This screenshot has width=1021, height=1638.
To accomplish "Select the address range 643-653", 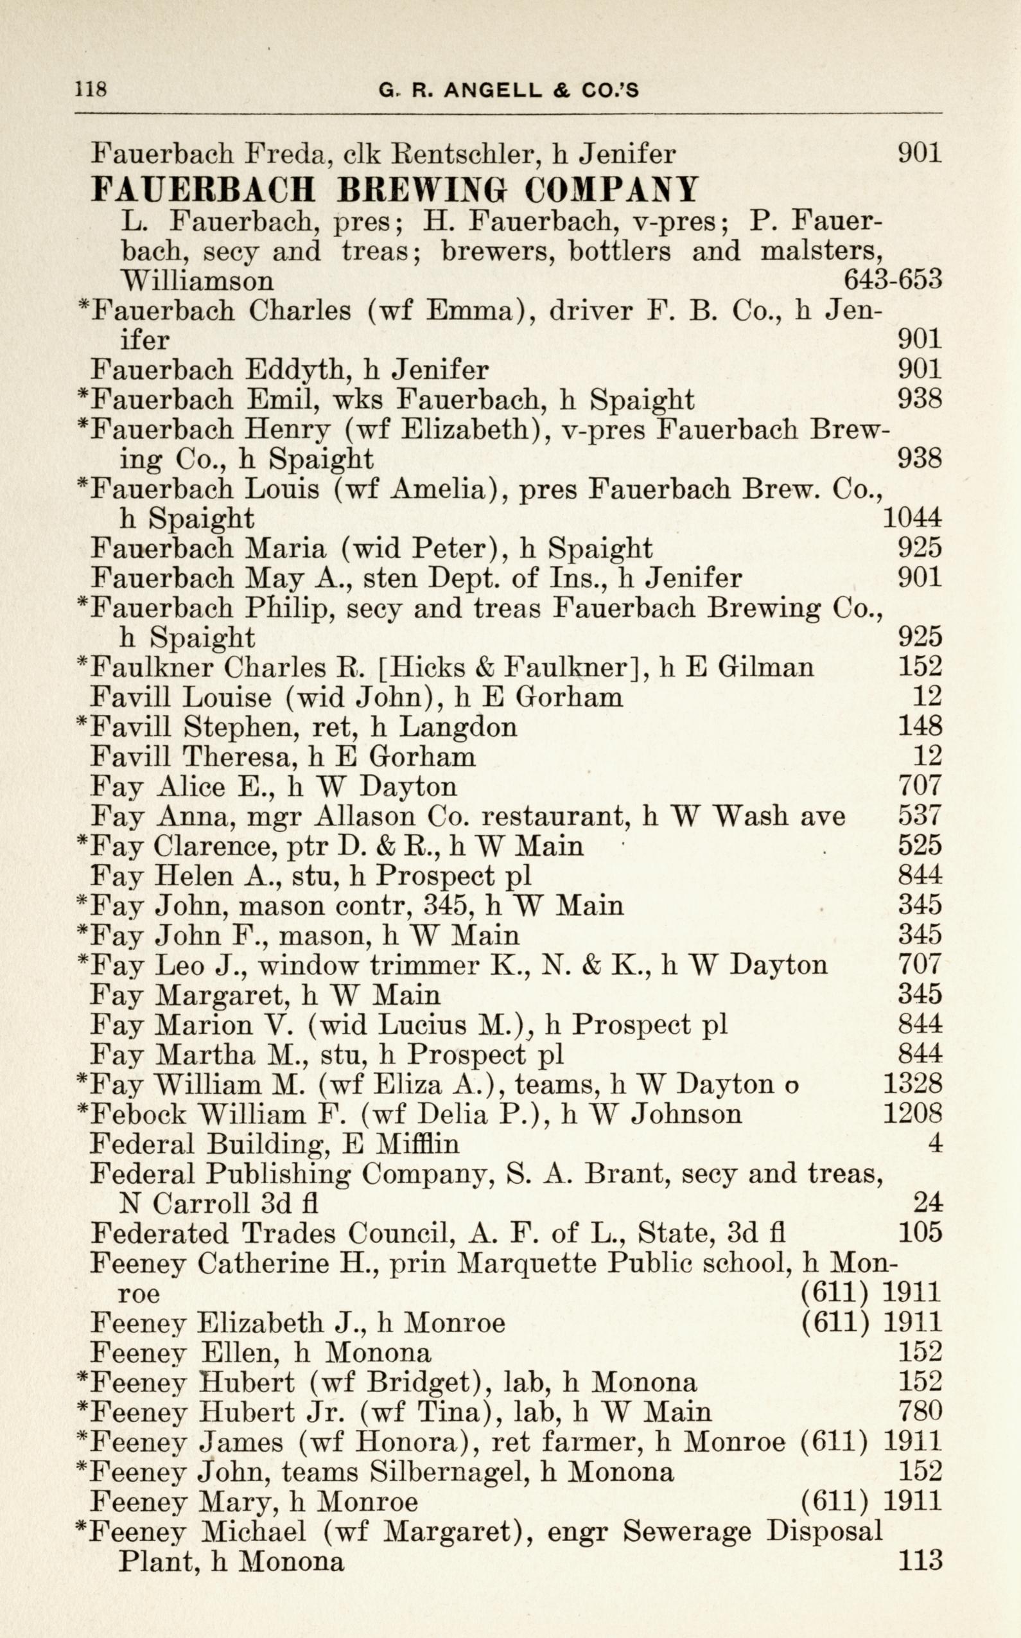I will pyautogui.click(x=892, y=279).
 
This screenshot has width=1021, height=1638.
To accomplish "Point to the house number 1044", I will pyautogui.click(x=912, y=518).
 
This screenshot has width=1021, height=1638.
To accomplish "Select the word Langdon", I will pyautogui.click(x=458, y=727).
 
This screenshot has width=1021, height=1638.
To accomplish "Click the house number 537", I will pyautogui.click(x=919, y=816).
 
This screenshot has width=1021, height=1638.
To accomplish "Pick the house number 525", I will pyautogui.click(x=919, y=846).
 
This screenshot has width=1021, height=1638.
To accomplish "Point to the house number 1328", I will pyautogui.click(x=912, y=1084).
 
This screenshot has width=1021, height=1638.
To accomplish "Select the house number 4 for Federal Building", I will pyautogui.click(x=934, y=1143).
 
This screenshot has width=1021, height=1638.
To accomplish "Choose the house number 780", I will pyautogui.click(x=919, y=1411).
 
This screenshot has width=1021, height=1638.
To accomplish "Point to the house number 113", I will pyautogui.click(x=919, y=1560).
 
